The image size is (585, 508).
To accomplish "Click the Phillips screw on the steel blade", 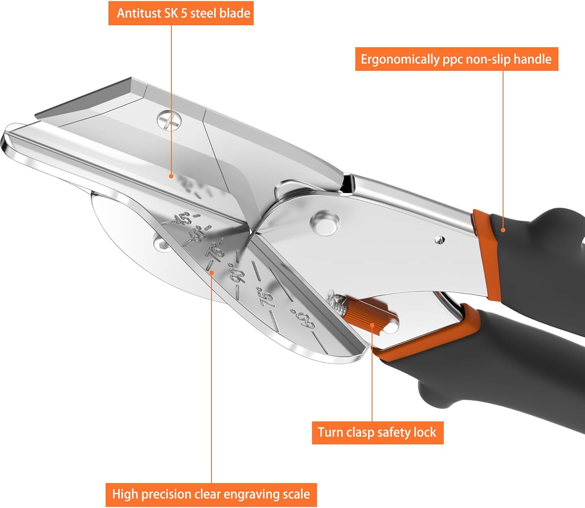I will pyautogui.click(x=170, y=121).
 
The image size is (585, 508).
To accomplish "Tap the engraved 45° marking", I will pyautogui.click(x=182, y=219).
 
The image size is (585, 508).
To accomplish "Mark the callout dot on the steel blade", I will pyautogui.click(x=171, y=176).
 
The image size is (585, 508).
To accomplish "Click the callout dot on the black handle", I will pyautogui.click(x=503, y=230).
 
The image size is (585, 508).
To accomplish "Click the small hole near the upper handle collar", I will pyautogui.click(x=438, y=240).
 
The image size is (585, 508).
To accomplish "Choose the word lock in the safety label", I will pyautogui.click(x=425, y=432).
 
